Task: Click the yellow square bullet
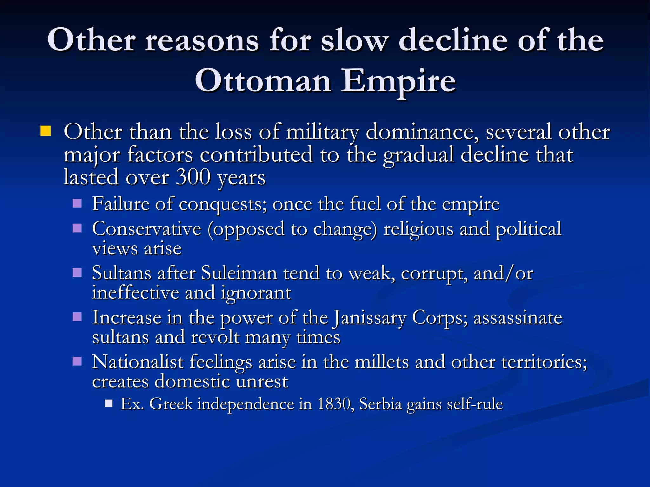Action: (46, 131)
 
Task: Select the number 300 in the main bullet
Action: (193, 177)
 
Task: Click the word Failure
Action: (120, 204)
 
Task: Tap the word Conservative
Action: (147, 229)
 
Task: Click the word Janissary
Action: (369, 318)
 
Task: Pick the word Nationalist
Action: (138, 362)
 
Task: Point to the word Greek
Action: (171, 404)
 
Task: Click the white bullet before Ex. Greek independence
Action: (109, 403)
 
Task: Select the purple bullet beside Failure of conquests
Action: (77, 203)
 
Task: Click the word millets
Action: (381, 362)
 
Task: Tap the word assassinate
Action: (518, 318)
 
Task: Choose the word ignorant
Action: (256, 293)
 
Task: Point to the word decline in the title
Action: (453, 40)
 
